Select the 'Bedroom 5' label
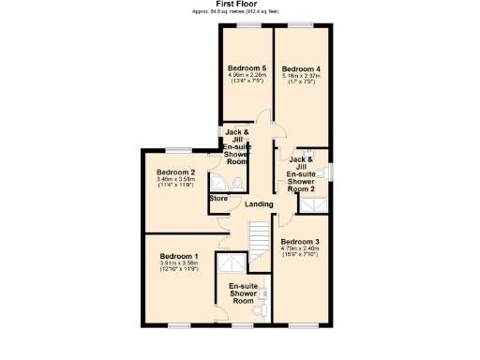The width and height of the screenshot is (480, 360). pos(246,68)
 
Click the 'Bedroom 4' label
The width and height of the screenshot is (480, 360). pos(301,68)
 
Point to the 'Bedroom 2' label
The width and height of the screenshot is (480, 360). pos(175,172)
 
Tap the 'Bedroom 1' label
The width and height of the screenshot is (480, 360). pos(178,257)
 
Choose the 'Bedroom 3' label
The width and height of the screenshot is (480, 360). pos(300,241)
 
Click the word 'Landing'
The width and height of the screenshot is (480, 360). pos(259,204)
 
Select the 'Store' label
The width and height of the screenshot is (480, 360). pos(218,199)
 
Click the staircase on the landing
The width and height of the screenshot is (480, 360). pos(257,233)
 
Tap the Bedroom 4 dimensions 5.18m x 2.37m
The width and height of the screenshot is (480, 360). pos(301,76)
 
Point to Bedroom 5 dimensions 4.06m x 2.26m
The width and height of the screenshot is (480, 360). pos(246,76)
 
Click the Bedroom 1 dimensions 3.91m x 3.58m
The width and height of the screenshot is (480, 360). pos(178,264)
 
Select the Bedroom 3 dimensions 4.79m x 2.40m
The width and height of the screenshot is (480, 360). pos(300,248)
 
